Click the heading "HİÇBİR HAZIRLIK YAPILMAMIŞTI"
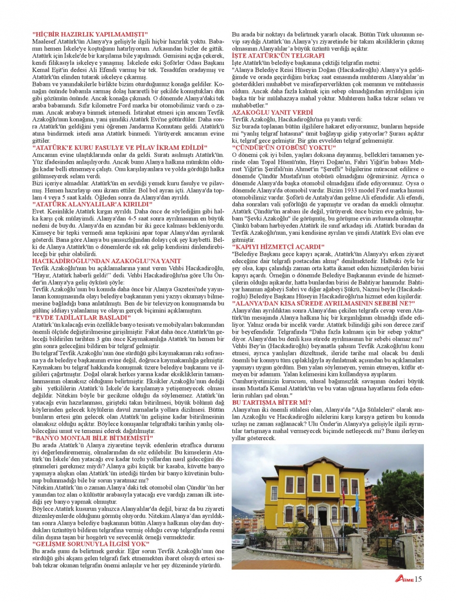point(90,34)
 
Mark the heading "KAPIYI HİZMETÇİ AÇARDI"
point(278,246)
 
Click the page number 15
point(418,579)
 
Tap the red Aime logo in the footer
point(404,579)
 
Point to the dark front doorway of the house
point(322,515)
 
